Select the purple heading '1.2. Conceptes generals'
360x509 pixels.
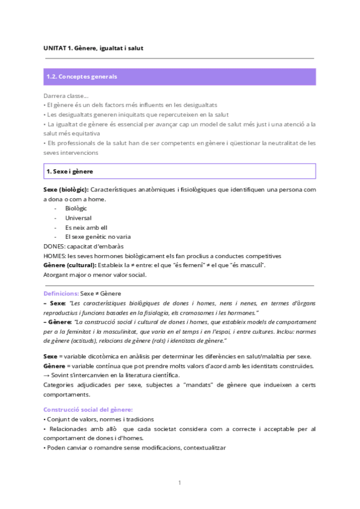82,77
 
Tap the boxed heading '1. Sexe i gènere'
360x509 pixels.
70,172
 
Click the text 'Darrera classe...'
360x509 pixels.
66,95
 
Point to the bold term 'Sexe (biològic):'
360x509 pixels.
66,190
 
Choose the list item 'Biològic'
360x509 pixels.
77,208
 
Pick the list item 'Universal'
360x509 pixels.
79,218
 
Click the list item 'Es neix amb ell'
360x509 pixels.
86,227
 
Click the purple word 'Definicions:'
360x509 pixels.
61,294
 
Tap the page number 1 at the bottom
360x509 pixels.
179,483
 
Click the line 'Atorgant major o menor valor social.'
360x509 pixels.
94,274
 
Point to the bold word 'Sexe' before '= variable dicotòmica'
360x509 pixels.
51,357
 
